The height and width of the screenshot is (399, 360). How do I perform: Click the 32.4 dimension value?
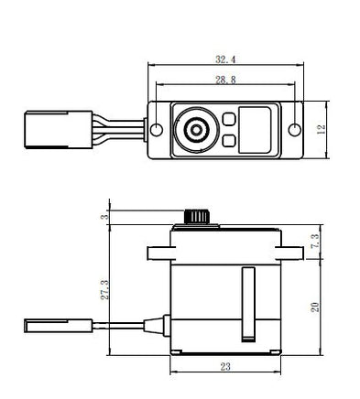coord(225,59)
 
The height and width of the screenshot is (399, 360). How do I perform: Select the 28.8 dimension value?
coord(225,80)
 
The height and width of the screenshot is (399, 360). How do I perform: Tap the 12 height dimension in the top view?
coord(322,130)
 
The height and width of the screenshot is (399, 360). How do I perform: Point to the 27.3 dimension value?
coord(104,290)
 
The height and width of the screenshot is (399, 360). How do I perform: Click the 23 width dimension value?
coord(225,366)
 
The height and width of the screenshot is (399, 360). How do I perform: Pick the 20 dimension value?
coord(314,307)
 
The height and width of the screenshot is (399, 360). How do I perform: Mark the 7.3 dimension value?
coord(314,241)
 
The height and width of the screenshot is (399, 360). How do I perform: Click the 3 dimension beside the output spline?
coord(104,217)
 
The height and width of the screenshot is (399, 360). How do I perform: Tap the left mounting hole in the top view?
coord(157,130)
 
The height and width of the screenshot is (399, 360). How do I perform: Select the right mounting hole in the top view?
coord(295,130)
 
